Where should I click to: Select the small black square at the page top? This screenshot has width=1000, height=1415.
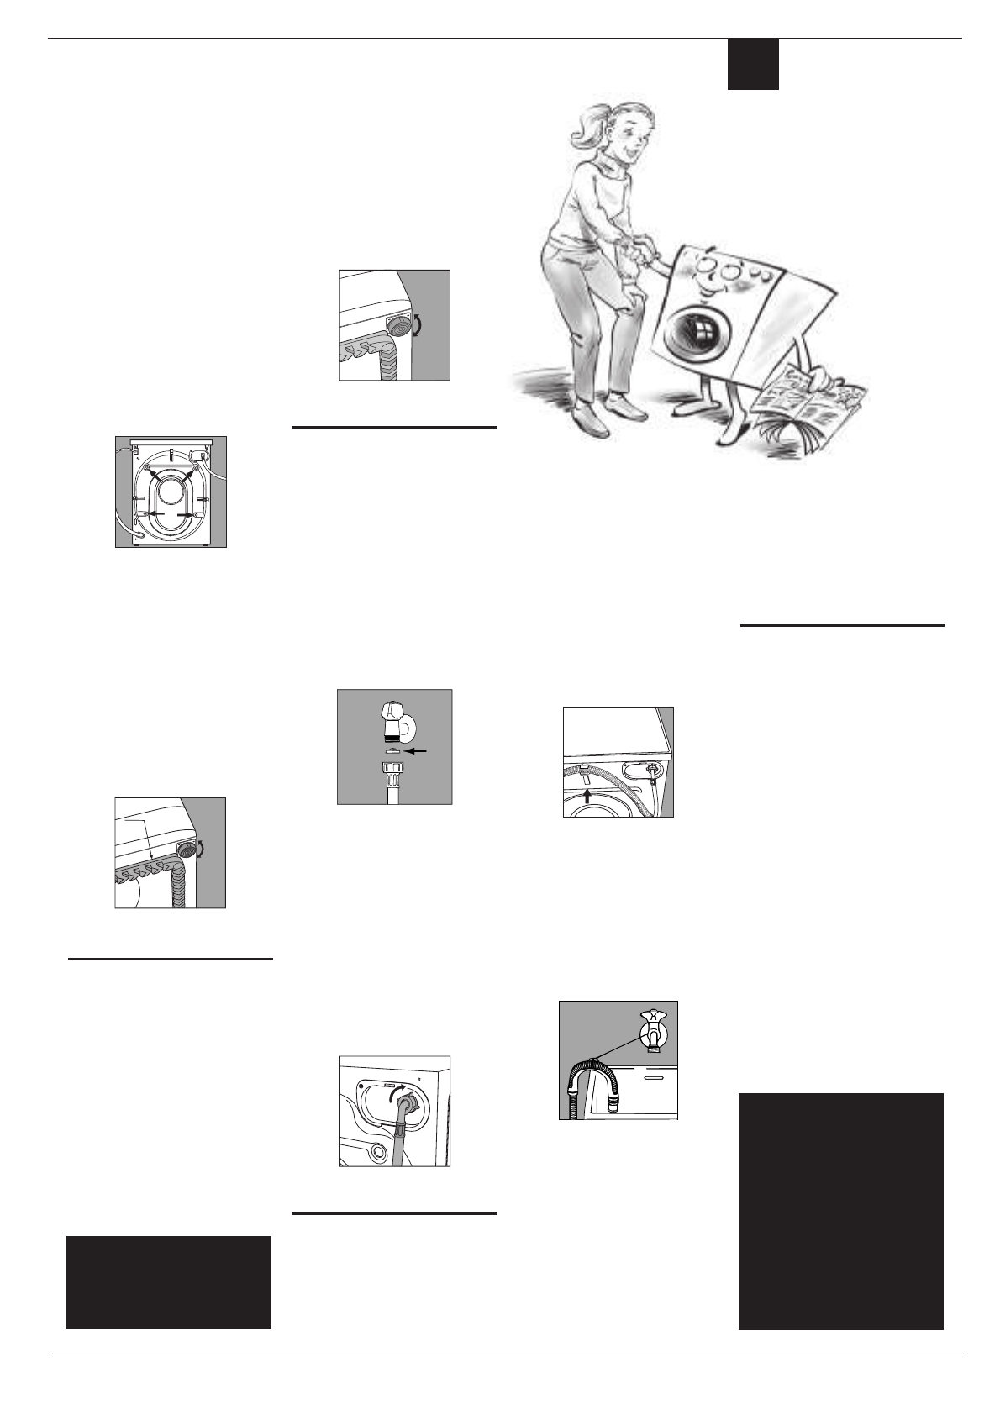752,65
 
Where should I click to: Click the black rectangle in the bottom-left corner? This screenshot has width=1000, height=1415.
168,1281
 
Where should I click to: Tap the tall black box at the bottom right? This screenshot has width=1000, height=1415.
840,1210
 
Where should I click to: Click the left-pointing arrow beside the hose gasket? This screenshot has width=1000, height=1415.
416,750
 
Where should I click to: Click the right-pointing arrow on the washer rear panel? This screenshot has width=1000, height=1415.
187,513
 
